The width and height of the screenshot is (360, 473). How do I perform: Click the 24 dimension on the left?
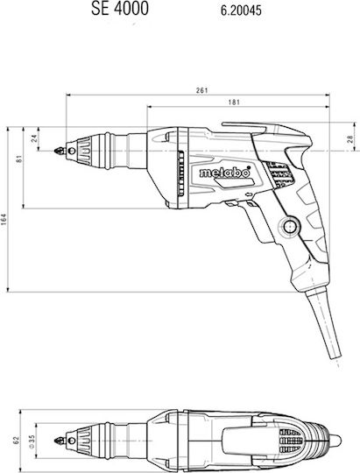(34, 138)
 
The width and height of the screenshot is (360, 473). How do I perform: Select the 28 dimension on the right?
(349, 139)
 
